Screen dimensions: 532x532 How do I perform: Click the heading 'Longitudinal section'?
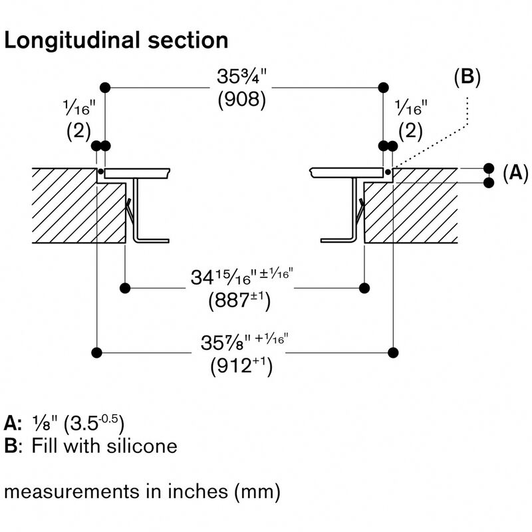tap(116, 41)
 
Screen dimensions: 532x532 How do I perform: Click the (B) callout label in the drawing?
tap(467, 76)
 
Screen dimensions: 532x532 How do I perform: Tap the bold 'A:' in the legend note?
tap(13, 423)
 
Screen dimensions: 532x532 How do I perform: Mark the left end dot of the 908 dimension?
tap(104, 87)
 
